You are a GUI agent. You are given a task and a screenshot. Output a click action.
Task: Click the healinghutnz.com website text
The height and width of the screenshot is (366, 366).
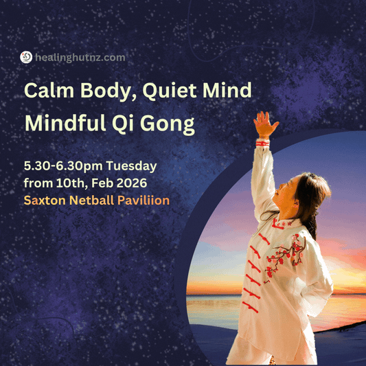80,58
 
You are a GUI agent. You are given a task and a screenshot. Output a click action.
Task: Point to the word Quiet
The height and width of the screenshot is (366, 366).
168,91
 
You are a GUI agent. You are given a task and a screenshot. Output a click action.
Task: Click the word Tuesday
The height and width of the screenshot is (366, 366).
133,167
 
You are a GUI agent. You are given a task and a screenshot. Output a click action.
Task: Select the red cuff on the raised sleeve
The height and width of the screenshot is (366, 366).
262,143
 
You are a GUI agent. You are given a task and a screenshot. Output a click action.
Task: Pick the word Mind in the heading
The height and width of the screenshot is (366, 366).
224,91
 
